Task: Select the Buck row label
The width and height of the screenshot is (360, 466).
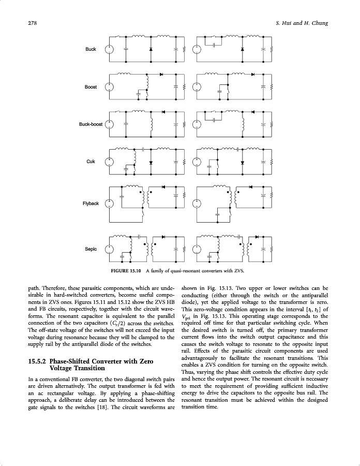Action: (x=91, y=49)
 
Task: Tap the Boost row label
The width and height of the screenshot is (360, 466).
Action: (x=91, y=87)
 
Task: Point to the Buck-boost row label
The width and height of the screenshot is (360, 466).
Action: (x=91, y=124)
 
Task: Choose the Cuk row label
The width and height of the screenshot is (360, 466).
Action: (x=91, y=162)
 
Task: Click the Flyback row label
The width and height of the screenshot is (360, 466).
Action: (x=91, y=203)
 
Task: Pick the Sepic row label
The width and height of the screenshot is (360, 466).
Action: (x=91, y=249)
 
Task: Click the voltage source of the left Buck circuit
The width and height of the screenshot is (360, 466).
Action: (x=109, y=50)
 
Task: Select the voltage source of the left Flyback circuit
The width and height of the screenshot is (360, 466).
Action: (x=109, y=203)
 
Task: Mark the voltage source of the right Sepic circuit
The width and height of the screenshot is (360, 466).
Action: (x=197, y=249)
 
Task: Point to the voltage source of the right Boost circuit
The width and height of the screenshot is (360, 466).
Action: (x=197, y=87)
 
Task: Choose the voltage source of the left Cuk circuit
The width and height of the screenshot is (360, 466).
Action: (x=109, y=162)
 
